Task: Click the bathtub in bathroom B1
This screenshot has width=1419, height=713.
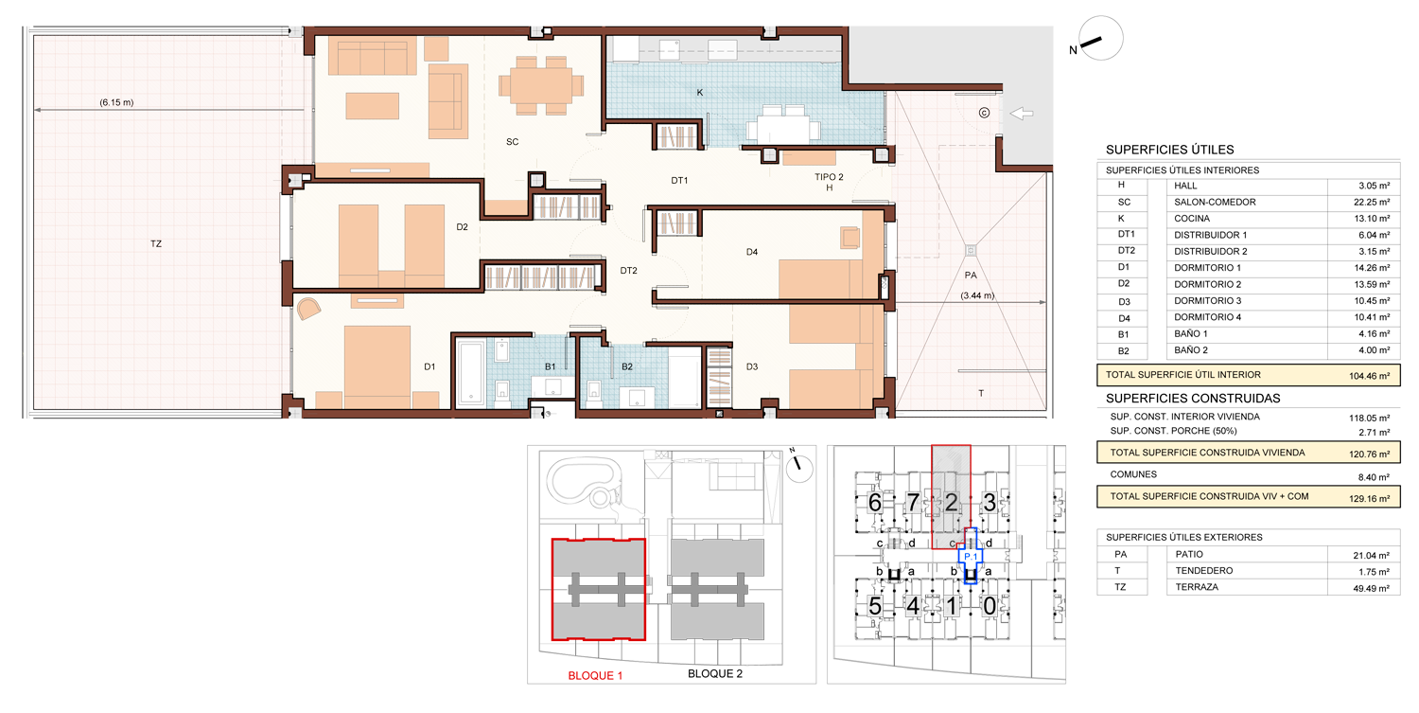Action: pyautogui.click(x=471, y=373)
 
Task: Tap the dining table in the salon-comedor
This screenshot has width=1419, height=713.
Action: pyautogui.click(x=541, y=85)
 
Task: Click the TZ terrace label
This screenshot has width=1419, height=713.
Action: pyautogui.click(x=156, y=243)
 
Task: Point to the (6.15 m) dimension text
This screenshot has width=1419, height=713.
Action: pyautogui.click(x=116, y=102)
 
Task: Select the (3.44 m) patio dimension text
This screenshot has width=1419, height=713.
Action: pyautogui.click(x=977, y=295)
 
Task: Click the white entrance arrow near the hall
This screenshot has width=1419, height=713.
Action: pyautogui.click(x=1021, y=114)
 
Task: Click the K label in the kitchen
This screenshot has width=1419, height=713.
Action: pyautogui.click(x=700, y=93)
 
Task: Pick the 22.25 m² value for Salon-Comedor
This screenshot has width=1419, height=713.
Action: pyautogui.click(x=1374, y=203)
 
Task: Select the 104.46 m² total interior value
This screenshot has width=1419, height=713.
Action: pyautogui.click(x=1370, y=376)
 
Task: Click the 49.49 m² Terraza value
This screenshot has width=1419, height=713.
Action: pyautogui.click(x=1372, y=588)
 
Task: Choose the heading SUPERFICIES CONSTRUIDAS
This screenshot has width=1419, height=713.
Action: pyautogui.click(x=1193, y=399)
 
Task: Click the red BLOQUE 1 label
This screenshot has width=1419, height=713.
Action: pyautogui.click(x=595, y=675)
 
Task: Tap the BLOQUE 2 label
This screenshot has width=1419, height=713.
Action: pyautogui.click(x=715, y=673)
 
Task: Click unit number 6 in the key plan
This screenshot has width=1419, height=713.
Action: pyautogui.click(x=875, y=503)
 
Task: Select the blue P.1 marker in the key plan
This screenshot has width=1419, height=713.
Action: pyautogui.click(x=971, y=557)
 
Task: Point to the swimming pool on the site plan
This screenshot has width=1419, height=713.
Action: pyautogui.click(x=584, y=481)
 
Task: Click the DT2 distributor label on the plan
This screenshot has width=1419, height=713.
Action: pyautogui.click(x=628, y=271)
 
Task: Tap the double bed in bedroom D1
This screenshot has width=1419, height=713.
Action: pyautogui.click(x=377, y=366)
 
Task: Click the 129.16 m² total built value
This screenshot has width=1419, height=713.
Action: pyautogui.click(x=1370, y=499)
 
